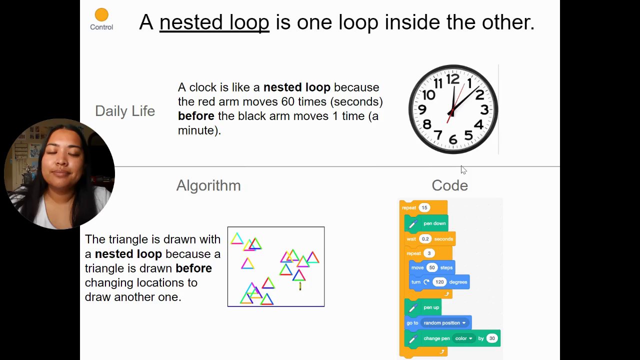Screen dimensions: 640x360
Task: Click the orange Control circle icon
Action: tap(101, 14)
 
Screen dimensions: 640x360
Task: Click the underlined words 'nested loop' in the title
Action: tap(214, 22)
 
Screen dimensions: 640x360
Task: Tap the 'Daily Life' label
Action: tap(125, 111)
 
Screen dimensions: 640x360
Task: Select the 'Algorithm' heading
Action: tap(208, 185)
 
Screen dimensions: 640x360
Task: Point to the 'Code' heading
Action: tap(449, 185)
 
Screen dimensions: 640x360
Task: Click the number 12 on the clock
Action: tap(453, 79)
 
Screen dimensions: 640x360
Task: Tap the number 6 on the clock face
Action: tap(453, 139)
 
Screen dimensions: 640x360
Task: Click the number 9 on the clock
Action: tap(422, 109)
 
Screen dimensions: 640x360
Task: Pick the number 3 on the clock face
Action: tap(484, 109)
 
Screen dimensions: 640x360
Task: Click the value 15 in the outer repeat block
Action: tap(424, 207)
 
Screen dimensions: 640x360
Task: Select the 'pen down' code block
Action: tap(426, 223)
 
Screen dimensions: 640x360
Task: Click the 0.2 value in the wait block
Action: tap(425, 239)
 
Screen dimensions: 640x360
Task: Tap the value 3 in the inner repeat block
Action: tap(429, 253)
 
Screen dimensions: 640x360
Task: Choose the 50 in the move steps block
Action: tap(431, 267)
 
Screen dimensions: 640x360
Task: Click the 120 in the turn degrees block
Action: tap(439, 282)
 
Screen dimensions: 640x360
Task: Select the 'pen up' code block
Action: tap(423, 307)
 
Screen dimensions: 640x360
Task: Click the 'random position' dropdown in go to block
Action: tap(444, 323)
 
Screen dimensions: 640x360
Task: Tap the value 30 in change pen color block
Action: tap(491, 338)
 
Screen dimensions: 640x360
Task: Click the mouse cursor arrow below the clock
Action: tap(463, 169)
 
